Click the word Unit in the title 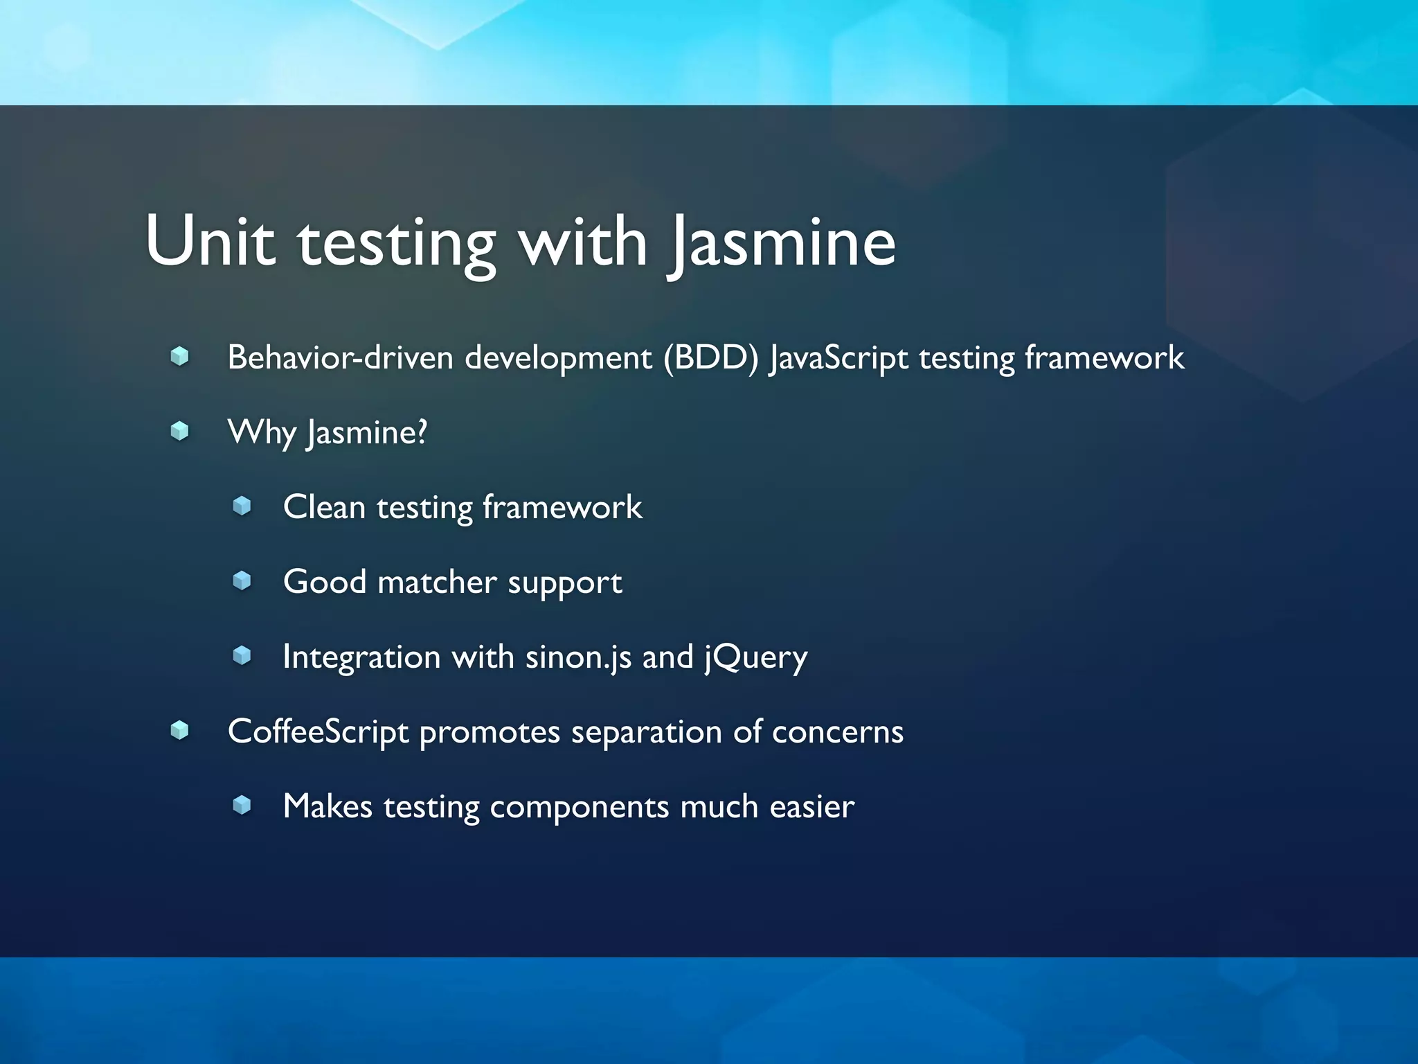click(210, 241)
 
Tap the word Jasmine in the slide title click(782, 242)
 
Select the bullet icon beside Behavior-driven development click(180, 357)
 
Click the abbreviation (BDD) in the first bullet click(710, 358)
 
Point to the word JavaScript click(838, 358)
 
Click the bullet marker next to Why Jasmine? click(180, 432)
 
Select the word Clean click(324, 507)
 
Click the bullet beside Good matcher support click(242, 580)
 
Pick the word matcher click(437, 582)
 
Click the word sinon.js click(578, 657)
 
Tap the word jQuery click(756, 657)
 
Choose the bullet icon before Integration click(242, 655)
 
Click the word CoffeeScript click(318, 731)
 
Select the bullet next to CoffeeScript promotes click(180, 730)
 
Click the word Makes click(327, 806)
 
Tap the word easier click(811, 806)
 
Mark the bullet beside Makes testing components click(242, 805)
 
